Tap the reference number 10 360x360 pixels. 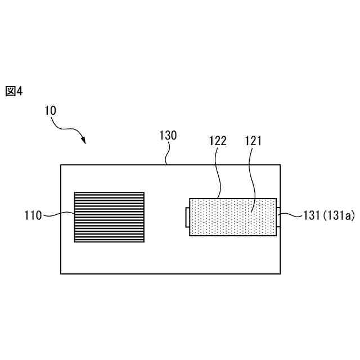pyautogui.click(x=50, y=111)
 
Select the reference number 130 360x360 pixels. pyautogui.click(x=168, y=135)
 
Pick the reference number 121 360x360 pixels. pyautogui.click(x=253, y=141)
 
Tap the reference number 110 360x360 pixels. pyautogui.click(x=33, y=214)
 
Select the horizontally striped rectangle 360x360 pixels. pyautogui.click(x=109, y=217)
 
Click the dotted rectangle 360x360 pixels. pyautogui.click(x=233, y=217)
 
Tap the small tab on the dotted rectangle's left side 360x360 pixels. pyautogui.click(x=187, y=217)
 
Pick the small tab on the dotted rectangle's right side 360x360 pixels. pyautogui.click(x=278, y=214)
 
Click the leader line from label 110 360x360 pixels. pyautogui.click(x=58, y=214)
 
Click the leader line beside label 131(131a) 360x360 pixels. pyautogui.click(x=287, y=214)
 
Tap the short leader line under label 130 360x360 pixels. pyautogui.click(x=166, y=157)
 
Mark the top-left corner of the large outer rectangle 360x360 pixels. pyautogui.click(x=61, y=165)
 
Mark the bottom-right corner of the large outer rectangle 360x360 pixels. pyautogui.click(x=280, y=273)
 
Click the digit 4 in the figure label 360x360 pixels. pyautogui.click(x=20, y=91)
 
